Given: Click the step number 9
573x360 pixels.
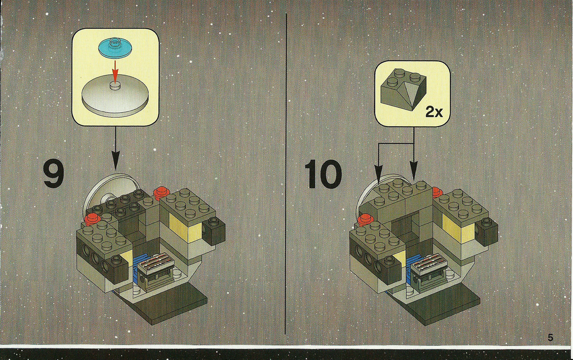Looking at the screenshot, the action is (53, 174).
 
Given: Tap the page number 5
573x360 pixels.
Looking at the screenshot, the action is (550, 337).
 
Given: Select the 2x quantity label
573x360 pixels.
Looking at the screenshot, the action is (434, 112).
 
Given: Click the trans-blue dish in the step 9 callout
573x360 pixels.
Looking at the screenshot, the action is (115, 47).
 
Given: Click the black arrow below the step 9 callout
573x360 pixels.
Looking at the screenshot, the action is (115, 148).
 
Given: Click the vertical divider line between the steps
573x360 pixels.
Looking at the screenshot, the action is (286, 174).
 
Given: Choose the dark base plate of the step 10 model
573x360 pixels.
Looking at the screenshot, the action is (443, 305).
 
